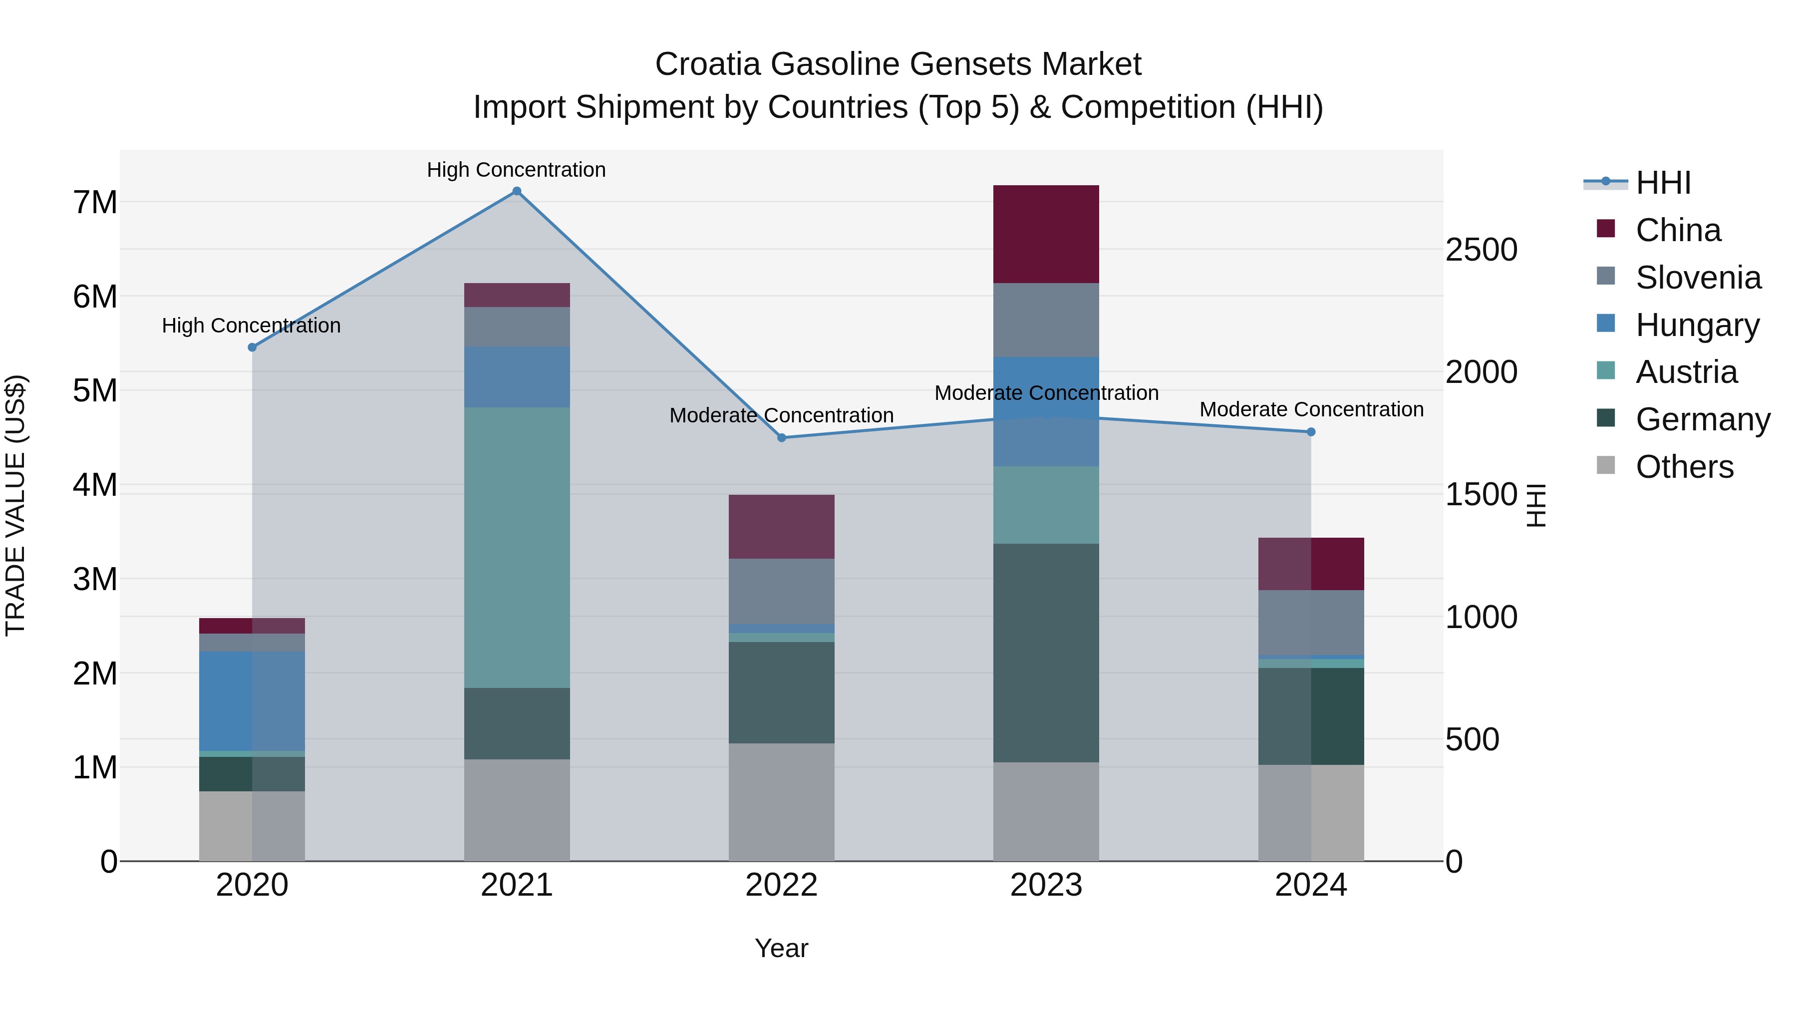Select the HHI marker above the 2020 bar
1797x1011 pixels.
point(253,347)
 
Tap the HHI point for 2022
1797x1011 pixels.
point(781,437)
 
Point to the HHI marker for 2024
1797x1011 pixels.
point(1311,432)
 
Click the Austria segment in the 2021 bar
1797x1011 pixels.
point(517,548)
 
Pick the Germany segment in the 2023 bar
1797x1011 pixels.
point(1046,653)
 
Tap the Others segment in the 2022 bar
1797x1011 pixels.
point(781,802)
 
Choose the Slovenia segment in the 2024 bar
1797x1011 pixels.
point(1311,623)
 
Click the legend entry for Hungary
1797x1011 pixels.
point(1697,325)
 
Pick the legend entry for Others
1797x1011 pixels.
point(1684,467)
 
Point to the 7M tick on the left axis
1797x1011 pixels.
point(95,202)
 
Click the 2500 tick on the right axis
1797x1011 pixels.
point(1481,250)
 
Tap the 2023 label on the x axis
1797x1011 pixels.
point(1046,885)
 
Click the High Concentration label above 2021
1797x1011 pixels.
point(516,170)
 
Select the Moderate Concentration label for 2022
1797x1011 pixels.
point(781,415)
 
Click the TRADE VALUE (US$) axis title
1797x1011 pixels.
point(16,505)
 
